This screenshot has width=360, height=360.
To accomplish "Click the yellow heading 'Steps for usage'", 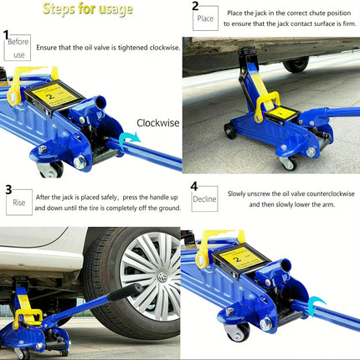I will click(94, 10).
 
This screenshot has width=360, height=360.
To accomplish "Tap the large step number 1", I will click(7, 34).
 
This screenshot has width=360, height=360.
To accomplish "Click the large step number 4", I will click(193, 187).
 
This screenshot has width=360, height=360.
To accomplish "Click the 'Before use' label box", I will click(18, 47).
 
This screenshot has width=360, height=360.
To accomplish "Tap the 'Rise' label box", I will click(18, 202).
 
